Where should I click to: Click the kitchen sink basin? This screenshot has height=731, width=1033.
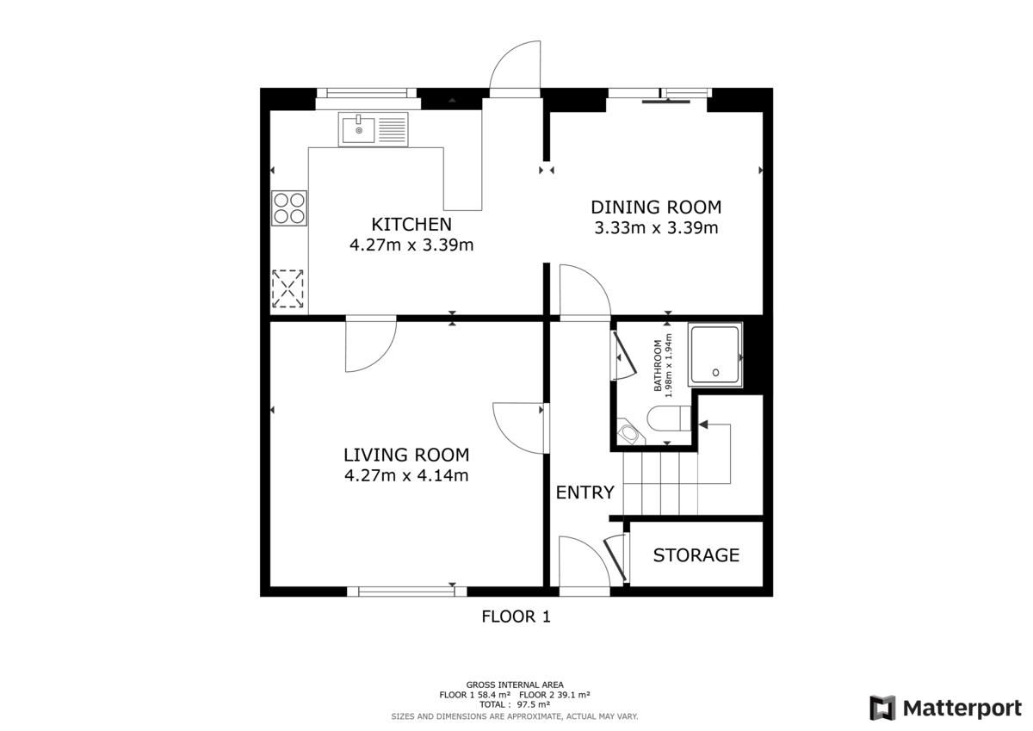(x=358, y=130)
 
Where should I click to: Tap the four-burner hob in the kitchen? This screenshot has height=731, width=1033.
(x=289, y=208)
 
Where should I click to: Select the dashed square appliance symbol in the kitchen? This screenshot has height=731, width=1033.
(x=288, y=288)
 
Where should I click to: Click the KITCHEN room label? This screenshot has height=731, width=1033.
(x=411, y=224)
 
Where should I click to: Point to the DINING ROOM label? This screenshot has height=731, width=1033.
(x=656, y=208)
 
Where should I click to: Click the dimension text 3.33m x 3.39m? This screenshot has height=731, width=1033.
(x=656, y=228)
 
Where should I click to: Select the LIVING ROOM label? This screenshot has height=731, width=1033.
(x=406, y=455)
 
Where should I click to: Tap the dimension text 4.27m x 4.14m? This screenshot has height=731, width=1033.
(x=406, y=475)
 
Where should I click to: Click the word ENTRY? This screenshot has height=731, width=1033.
(x=585, y=492)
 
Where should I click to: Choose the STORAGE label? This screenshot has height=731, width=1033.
(x=696, y=555)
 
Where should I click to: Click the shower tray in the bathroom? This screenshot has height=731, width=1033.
(x=714, y=355)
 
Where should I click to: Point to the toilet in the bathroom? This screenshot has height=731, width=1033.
(x=669, y=418)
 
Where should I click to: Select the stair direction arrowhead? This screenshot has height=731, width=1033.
(x=703, y=424)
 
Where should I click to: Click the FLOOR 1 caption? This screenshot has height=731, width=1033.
(x=516, y=616)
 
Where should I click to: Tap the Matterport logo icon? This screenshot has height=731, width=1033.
(x=882, y=708)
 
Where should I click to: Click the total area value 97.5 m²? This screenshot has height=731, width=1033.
(x=533, y=704)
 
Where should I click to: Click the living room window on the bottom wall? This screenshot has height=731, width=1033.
(x=406, y=592)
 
